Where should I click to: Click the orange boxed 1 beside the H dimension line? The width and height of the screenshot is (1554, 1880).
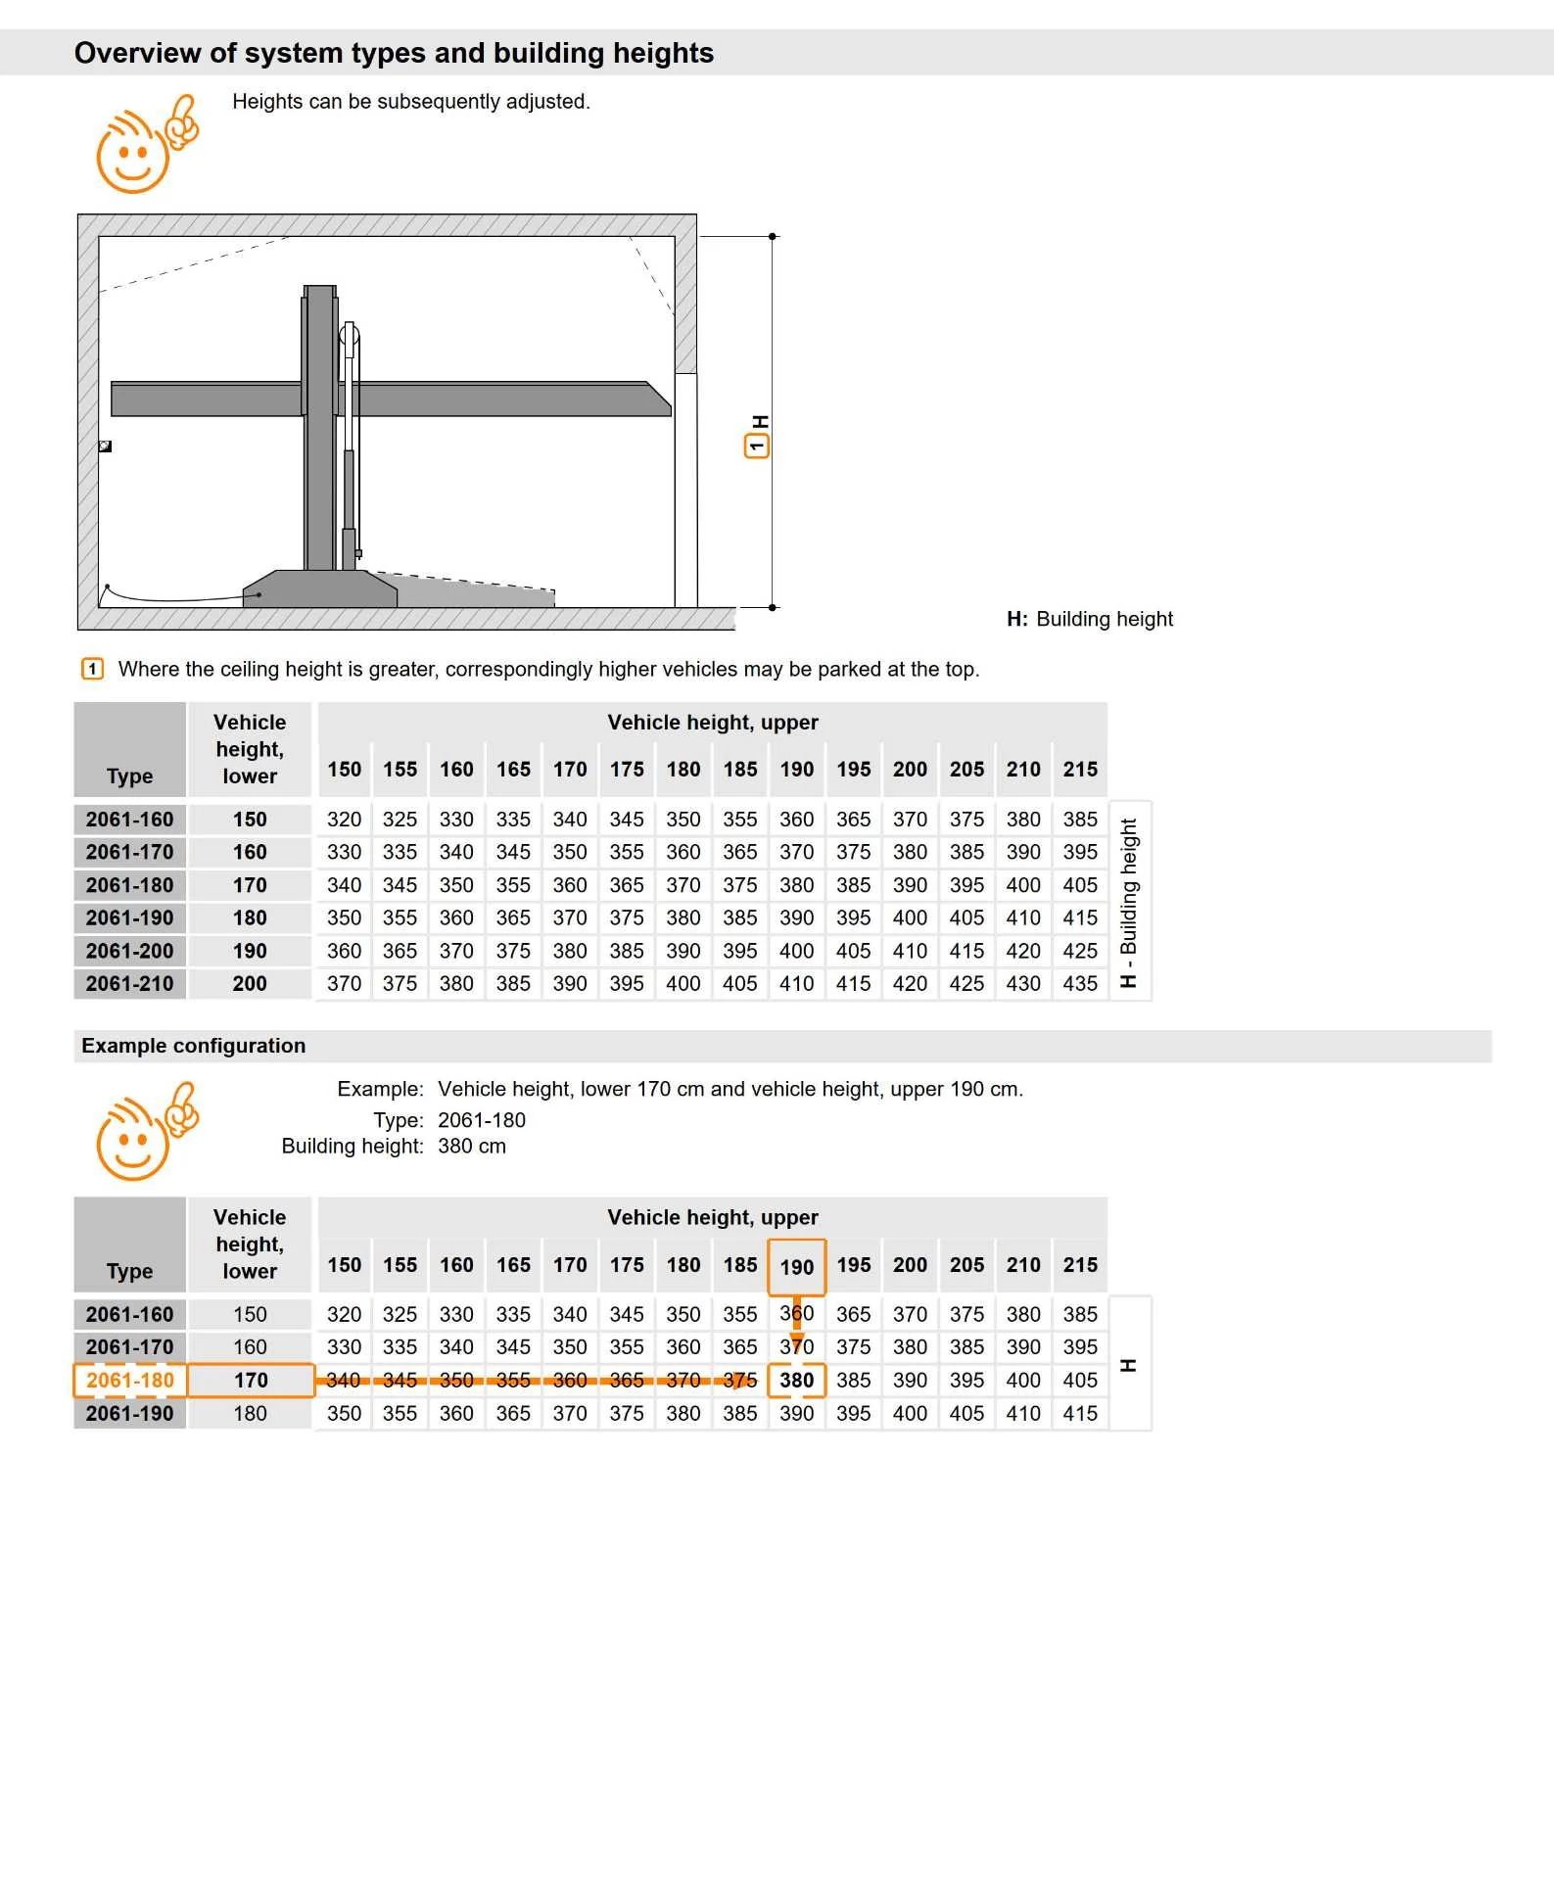coord(756,446)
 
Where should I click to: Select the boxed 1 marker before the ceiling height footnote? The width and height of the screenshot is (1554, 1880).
coord(92,669)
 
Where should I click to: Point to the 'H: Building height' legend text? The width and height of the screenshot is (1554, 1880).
coord(1089,619)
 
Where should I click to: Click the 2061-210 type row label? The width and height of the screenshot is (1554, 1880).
coord(129,984)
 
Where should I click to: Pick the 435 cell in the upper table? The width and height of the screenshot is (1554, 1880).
coord(1080,984)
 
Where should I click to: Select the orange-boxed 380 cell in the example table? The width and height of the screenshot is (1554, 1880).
coord(796,1381)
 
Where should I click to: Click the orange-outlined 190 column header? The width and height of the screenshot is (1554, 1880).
coord(796,1267)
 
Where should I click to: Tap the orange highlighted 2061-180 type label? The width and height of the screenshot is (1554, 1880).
coord(130,1381)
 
